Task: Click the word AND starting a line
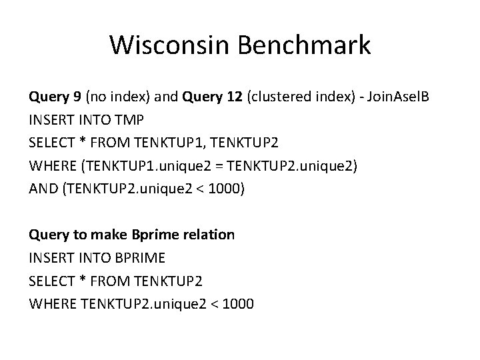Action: click(41, 189)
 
